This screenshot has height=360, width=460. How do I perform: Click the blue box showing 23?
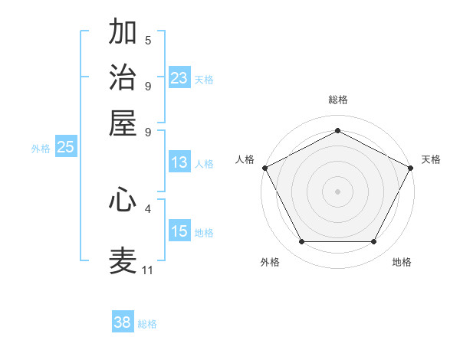tap(179, 78)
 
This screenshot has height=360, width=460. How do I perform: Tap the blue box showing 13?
tap(179, 162)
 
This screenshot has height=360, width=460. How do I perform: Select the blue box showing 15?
tap(179, 231)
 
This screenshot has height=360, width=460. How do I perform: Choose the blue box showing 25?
tap(65, 147)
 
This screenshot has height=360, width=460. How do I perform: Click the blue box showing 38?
tap(123, 322)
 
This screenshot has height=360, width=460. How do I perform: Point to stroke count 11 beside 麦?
tap(148, 270)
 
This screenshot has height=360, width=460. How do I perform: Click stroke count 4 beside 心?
tap(148, 208)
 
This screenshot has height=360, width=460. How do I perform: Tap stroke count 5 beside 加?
tap(148, 40)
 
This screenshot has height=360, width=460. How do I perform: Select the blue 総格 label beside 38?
tap(147, 324)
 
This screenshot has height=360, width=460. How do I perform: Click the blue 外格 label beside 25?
tap(41, 149)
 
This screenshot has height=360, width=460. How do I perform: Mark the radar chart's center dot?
tap(337, 191)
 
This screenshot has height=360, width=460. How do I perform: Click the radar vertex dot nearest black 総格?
tap(337, 129)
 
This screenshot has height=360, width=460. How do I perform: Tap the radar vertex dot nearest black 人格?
tap(264, 168)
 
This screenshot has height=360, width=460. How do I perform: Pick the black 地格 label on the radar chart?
tap(402, 263)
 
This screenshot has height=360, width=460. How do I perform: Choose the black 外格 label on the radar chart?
tap(270, 263)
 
